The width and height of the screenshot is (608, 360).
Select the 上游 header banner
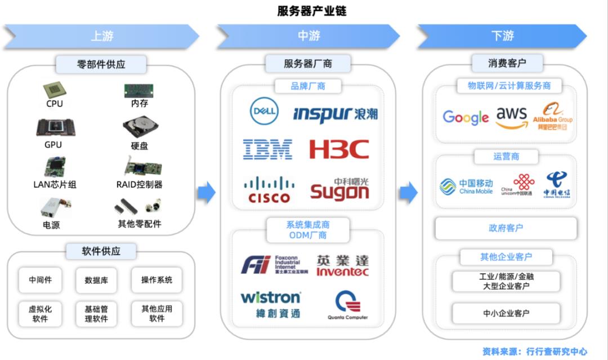click(x=102, y=36)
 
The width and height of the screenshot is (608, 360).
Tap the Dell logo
click(x=264, y=110)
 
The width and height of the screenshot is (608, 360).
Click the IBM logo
click(x=267, y=149)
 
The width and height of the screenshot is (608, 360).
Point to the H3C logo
click(x=339, y=149)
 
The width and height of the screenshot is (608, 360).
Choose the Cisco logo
click(x=269, y=190)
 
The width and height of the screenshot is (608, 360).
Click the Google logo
click(x=466, y=117)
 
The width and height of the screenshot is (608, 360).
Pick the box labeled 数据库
click(x=96, y=280)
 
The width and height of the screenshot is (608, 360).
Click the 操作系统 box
click(x=157, y=280)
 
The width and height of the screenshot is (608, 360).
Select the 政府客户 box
click(x=506, y=228)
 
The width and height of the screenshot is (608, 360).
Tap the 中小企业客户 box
click(x=506, y=313)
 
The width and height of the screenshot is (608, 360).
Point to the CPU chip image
click(x=54, y=90)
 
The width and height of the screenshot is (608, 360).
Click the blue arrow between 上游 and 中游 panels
click(x=207, y=192)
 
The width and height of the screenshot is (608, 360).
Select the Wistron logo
click(x=271, y=303)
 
